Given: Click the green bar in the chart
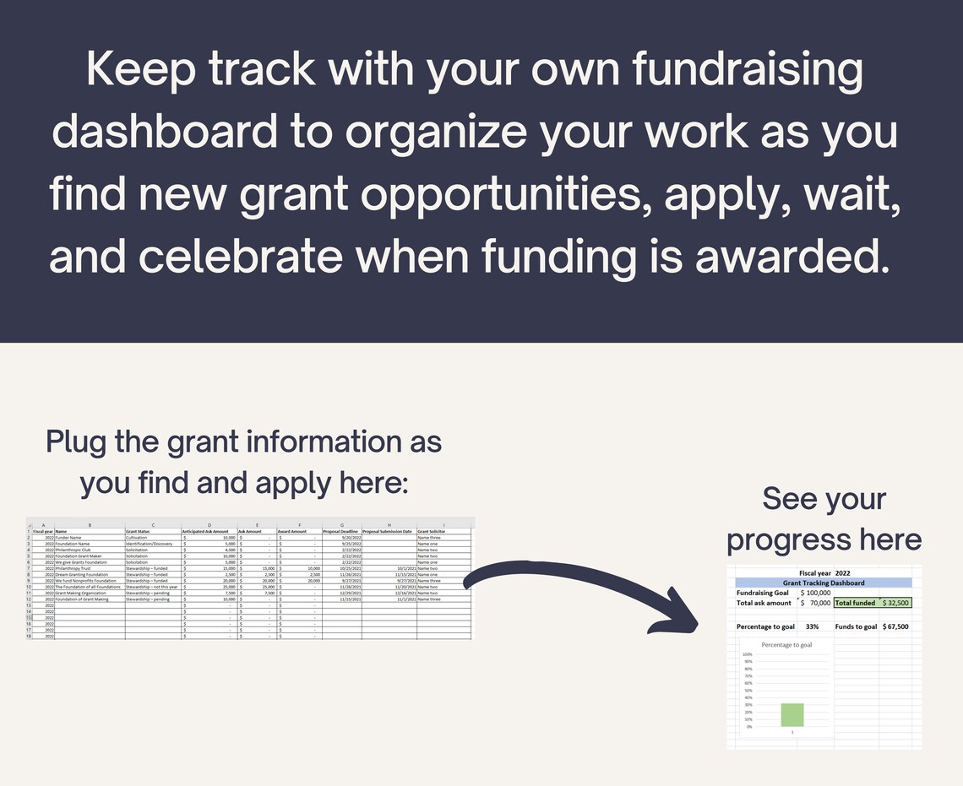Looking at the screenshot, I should click(x=792, y=714).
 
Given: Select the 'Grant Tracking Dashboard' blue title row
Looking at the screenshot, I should click(x=824, y=583).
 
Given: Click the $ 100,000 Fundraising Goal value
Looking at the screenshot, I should click(x=815, y=593).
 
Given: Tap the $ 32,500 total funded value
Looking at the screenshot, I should click(x=895, y=604).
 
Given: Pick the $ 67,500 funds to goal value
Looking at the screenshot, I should click(x=895, y=626).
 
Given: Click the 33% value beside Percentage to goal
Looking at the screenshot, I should click(x=812, y=626).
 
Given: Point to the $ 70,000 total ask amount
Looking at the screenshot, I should click(x=815, y=604).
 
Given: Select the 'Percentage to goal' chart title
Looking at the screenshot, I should click(x=786, y=645).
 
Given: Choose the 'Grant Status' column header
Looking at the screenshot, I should click(x=139, y=531).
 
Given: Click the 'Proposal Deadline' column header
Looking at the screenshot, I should click(x=341, y=531).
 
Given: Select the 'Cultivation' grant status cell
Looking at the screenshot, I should click(x=136, y=538).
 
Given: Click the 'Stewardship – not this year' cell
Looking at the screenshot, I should click(x=151, y=587).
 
